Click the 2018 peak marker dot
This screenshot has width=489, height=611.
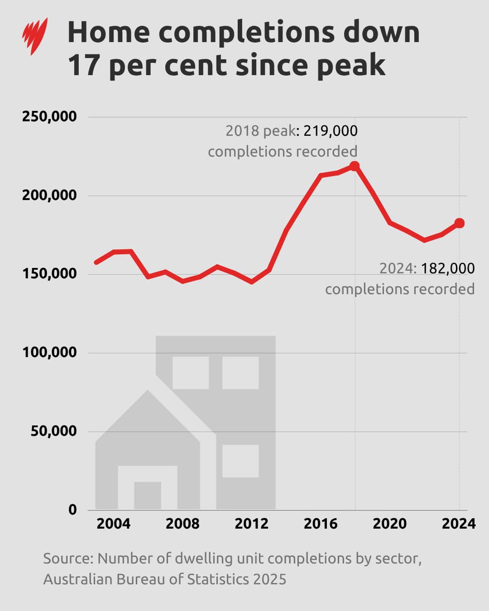[x=355, y=166]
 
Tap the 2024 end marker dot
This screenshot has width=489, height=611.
[x=459, y=223]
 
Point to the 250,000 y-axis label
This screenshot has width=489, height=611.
[x=49, y=117]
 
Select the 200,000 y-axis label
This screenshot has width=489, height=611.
[x=49, y=196]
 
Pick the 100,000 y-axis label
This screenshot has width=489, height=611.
[x=49, y=353]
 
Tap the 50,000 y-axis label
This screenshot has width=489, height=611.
[x=53, y=431]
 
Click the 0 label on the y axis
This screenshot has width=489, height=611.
[x=72, y=510]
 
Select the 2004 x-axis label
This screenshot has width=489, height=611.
[x=114, y=524]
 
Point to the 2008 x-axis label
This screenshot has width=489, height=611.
[x=182, y=524]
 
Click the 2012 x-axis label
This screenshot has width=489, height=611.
[x=251, y=524]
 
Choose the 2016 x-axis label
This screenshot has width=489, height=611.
[x=321, y=524]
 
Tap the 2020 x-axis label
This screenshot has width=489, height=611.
[x=389, y=524]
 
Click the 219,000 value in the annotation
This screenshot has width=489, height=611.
[x=330, y=131]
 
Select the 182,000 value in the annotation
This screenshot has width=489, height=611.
[x=448, y=268]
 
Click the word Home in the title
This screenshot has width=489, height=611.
[x=108, y=33]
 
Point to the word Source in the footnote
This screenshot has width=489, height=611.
[x=68, y=558]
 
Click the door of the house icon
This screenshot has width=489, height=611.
[x=148, y=496]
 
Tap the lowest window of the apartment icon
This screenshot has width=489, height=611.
[x=240, y=461]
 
